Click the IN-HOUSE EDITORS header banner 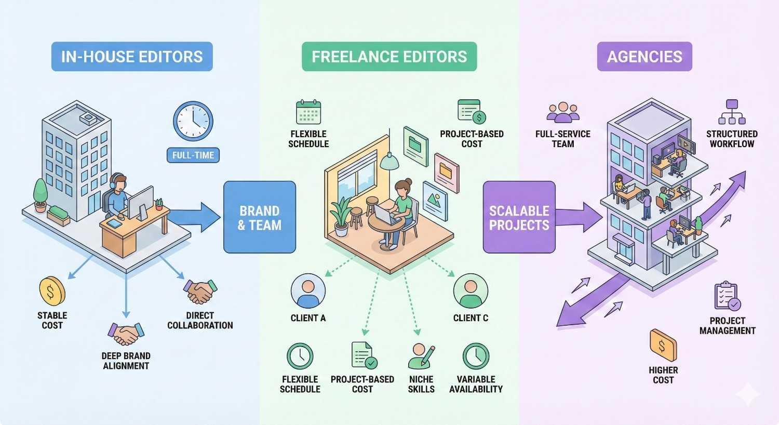point(132,57)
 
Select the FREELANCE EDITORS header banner point(389,57)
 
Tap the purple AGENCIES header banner point(644,57)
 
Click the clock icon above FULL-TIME point(193,122)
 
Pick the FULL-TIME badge point(193,155)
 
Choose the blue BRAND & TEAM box point(259,217)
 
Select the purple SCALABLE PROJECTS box point(519,217)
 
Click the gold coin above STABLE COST point(52,291)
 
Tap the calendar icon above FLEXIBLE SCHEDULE point(308,112)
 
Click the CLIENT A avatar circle point(308,291)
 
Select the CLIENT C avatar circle point(471,291)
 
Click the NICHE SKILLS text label point(421,384)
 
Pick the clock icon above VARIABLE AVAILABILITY point(476,356)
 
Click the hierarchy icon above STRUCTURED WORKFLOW point(732,112)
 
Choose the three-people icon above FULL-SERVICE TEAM point(563,113)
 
